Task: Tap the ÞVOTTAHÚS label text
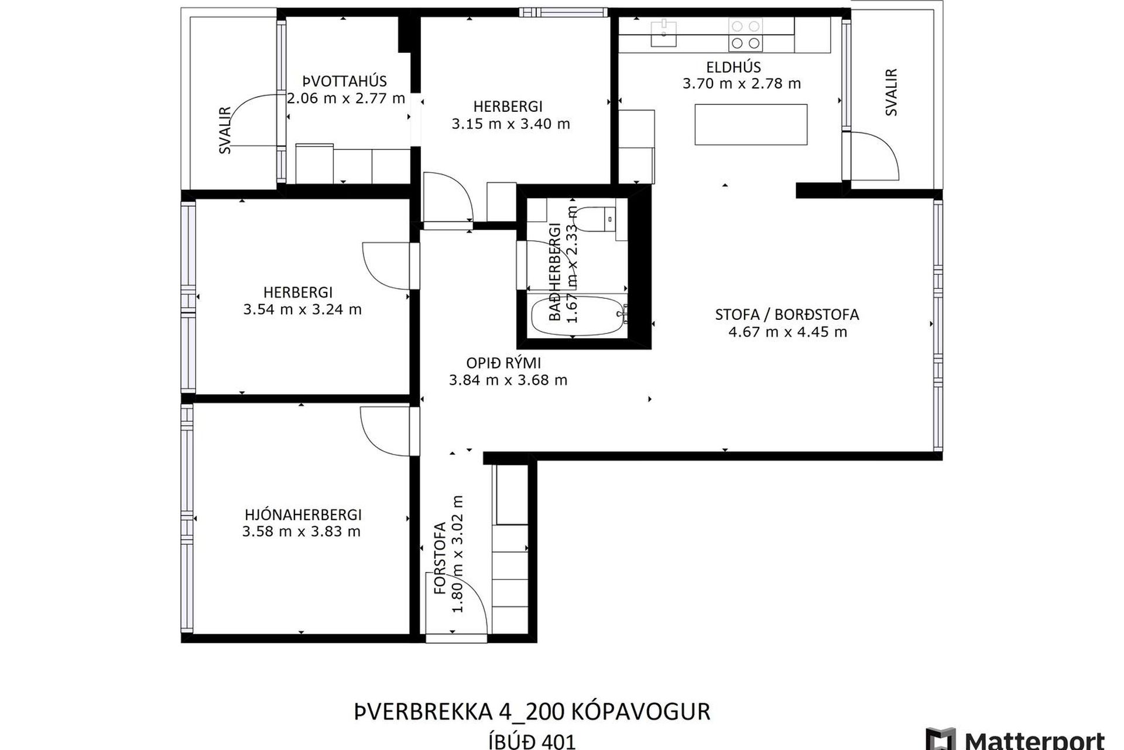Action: [344, 81]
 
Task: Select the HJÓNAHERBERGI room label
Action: [303, 514]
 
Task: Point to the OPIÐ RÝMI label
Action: [503, 363]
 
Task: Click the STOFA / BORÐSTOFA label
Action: [787, 315]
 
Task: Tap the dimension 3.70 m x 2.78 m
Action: [742, 84]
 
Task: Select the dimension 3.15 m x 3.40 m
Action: [510, 124]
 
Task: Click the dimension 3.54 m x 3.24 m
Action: [302, 309]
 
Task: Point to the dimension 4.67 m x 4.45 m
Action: [787, 332]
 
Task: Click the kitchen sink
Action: [664, 34]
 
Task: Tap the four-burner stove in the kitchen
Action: [746, 35]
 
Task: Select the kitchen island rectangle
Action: [751, 124]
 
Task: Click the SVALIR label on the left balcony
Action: [225, 130]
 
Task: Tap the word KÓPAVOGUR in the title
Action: [640, 712]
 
